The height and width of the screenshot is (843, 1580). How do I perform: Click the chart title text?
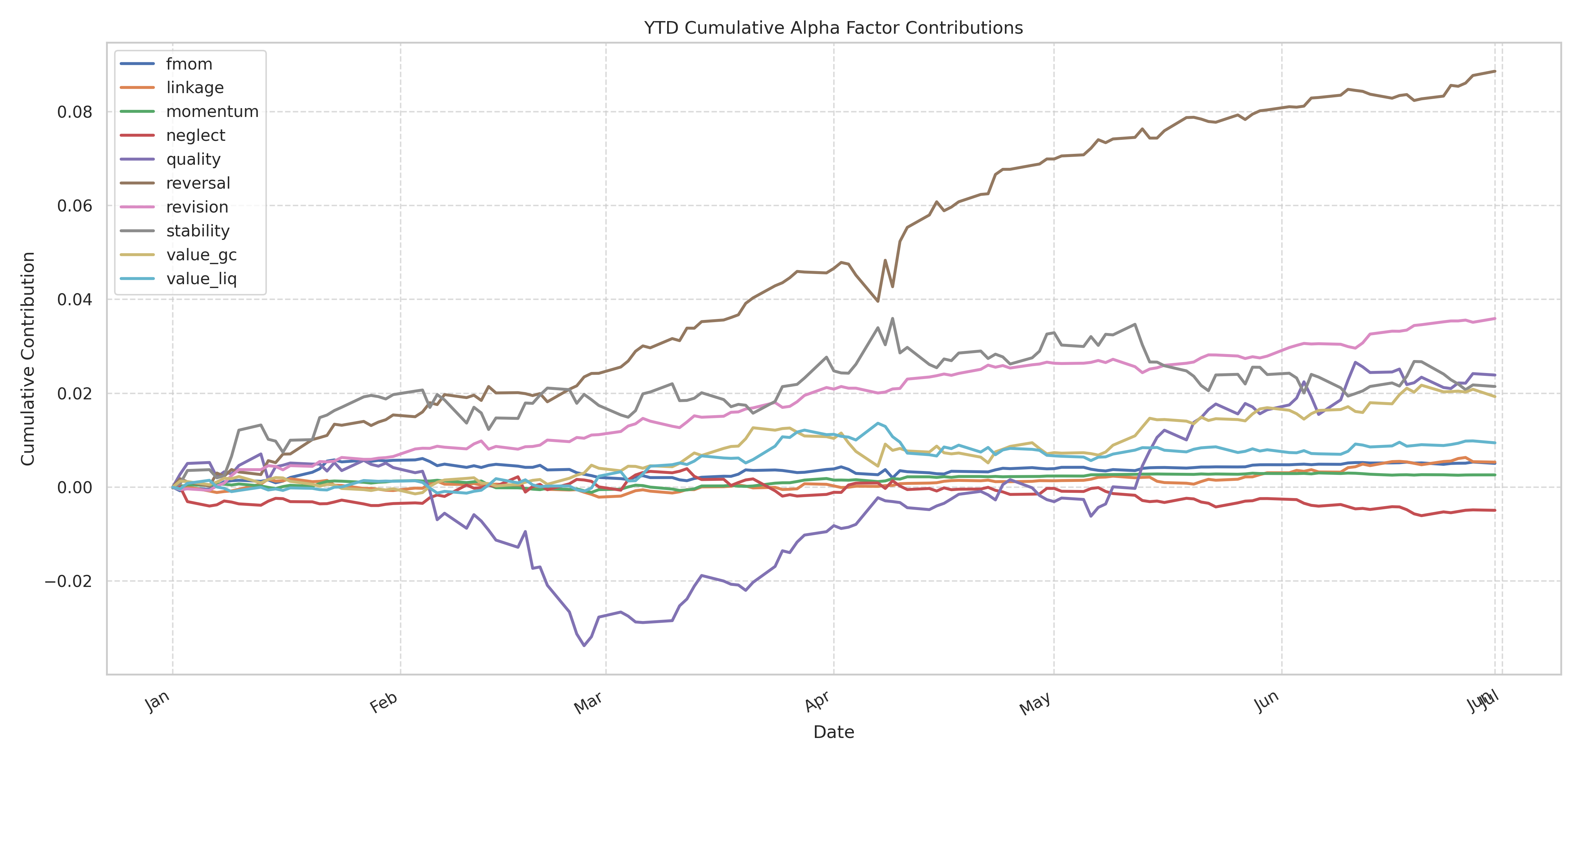(x=833, y=28)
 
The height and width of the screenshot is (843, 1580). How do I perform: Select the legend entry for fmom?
(x=189, y=64)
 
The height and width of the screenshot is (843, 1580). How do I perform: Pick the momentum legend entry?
(x=212, y=112)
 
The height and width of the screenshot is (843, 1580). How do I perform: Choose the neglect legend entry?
(x=196, y=136)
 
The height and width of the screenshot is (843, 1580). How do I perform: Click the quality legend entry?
(x=193, y=159)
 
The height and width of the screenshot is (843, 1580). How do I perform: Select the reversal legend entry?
(x=198, y=183)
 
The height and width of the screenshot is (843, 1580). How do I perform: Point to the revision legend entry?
(x=197, y=207)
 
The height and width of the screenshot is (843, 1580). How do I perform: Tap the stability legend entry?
(x=197, y=231)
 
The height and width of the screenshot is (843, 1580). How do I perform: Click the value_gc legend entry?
(x=201, y=255)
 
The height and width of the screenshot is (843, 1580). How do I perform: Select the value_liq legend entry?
(x=201, y=279)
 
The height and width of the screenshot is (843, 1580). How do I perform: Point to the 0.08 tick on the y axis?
(x=75, y=112)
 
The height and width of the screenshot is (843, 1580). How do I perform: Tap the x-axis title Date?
(x=833, y=732)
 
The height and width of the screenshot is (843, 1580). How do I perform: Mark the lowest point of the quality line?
(x=584, y=646)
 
